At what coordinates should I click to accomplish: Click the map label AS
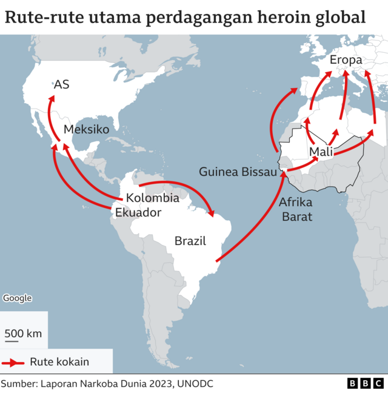pyautogui.click(x=61, y=84)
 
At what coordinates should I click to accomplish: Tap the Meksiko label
pyautogui.click(x=86, y=129)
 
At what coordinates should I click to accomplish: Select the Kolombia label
pyautogui.click(x=152, y=198)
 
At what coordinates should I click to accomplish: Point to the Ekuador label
pyautogui.click(x=138, y=212)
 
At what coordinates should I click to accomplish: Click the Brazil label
pyautogui.click(x=190, y=241)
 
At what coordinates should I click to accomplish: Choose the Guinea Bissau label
pyautogui.click(x=238, y=172)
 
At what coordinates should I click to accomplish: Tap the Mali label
pyautogui.click(x=321, y=152)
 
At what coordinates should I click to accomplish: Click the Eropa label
pyautogui.click(x=346, y=60)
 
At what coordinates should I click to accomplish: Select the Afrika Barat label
pyautogui.click(x=296, y=209)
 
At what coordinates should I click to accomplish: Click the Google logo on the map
pyautogui.click(x=18, y=298)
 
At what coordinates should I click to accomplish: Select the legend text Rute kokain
pyautogui.click(x=59, y=362)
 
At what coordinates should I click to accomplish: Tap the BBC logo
pyautogui.click(x=365, y=383)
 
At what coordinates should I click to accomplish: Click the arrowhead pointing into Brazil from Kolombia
pyautogui.click(x=211, y=212)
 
